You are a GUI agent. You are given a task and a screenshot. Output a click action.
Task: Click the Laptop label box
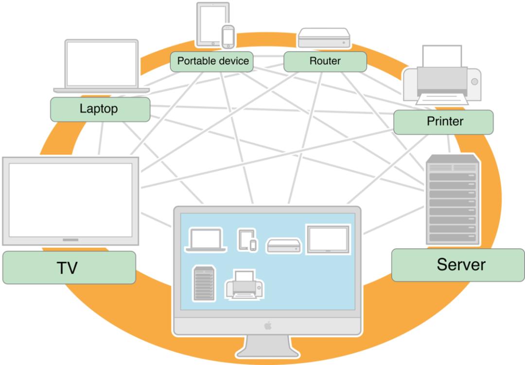coord(100,109)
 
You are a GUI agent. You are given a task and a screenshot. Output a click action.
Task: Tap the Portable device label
coord(212,61)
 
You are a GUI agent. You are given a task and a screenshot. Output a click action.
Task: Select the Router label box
coord(325,61)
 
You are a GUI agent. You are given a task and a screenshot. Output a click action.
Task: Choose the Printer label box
coord(443,122)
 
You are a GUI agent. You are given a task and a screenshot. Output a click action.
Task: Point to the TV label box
coord(69,268)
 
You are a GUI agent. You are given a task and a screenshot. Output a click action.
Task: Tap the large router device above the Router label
coord(324,38)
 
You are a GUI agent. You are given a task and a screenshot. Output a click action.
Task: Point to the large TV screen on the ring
coord(70,200)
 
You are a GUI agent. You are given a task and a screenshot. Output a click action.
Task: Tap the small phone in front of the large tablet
coord(228,36)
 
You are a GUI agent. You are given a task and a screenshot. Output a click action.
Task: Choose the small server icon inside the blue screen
coord(203,283)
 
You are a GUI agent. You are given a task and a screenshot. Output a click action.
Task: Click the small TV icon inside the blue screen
coord(327,239)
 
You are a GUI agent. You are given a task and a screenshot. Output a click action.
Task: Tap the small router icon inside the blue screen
coord(284,245)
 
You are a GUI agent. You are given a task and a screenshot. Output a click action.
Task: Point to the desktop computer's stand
coord(267,348)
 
